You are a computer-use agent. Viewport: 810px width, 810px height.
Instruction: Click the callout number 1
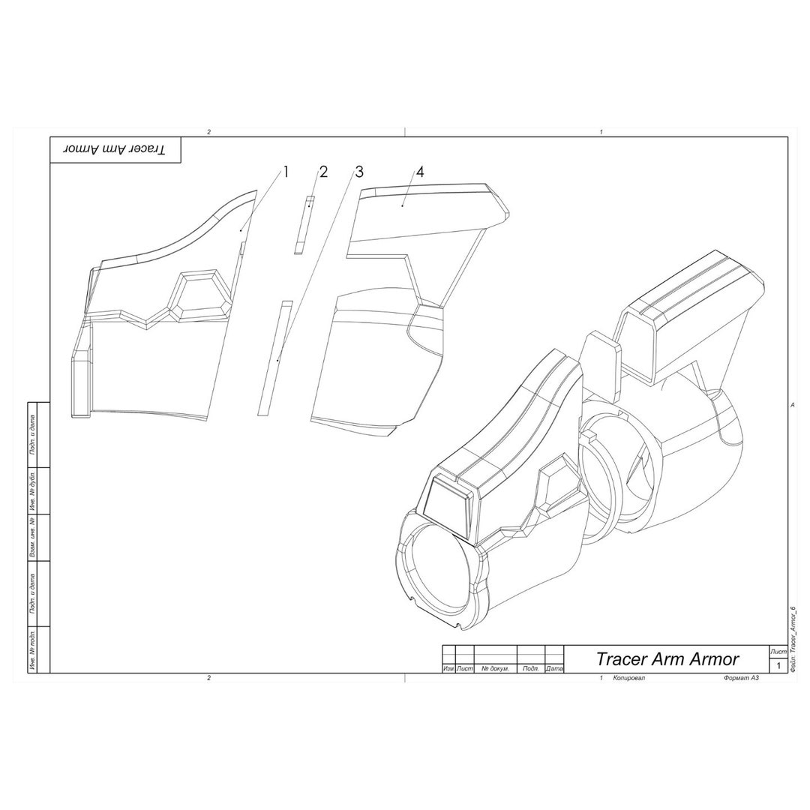tap(285, 172)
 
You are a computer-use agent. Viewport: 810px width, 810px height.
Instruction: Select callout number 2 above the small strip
tap(323, 172)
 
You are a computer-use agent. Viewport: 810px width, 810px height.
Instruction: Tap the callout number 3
tap(359, 172)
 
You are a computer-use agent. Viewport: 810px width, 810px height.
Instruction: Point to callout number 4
tap(420, 172)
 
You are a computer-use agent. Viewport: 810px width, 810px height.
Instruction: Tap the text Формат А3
tap(741, 678)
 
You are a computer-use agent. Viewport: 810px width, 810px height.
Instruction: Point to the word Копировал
tap(628, 678)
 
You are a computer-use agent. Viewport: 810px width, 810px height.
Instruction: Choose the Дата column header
tap(554, 668)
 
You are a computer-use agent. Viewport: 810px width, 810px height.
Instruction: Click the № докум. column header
tap(495, 668)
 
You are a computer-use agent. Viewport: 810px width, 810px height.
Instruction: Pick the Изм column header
tap(448, 668)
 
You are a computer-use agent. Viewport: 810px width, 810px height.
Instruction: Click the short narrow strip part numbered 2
tap(304, 225)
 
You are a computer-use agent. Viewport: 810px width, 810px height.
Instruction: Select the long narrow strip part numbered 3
tap(274, 358)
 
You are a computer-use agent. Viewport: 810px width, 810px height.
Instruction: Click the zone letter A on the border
tap(792, 405)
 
